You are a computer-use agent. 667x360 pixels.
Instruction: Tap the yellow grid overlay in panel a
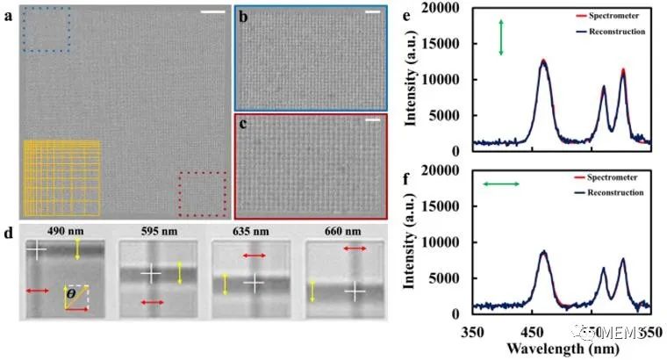[61, 179]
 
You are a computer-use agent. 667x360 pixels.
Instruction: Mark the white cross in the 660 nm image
[354, 290]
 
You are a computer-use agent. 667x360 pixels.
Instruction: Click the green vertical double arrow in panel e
[501, 38]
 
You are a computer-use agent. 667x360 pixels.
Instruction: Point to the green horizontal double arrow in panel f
[502, 184]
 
